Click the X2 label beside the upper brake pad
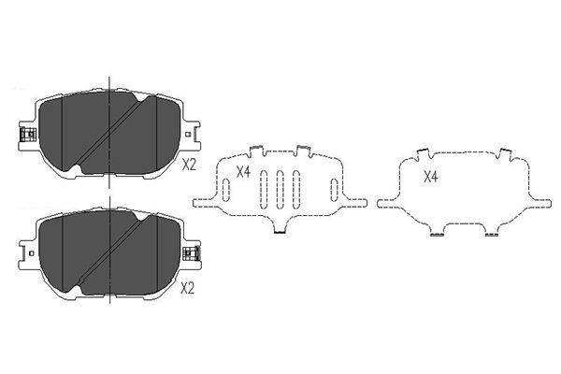(189, 165)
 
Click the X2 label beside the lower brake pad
(187, 288)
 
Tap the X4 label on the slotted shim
(243, 172)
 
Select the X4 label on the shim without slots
(431, 177)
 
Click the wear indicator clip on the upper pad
(27, 134)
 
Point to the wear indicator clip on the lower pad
(191, 253)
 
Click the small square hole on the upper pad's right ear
(188, 135)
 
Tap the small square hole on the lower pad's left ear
(32, 253)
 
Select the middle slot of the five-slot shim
(280, 189)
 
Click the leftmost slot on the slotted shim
(226, 189)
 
